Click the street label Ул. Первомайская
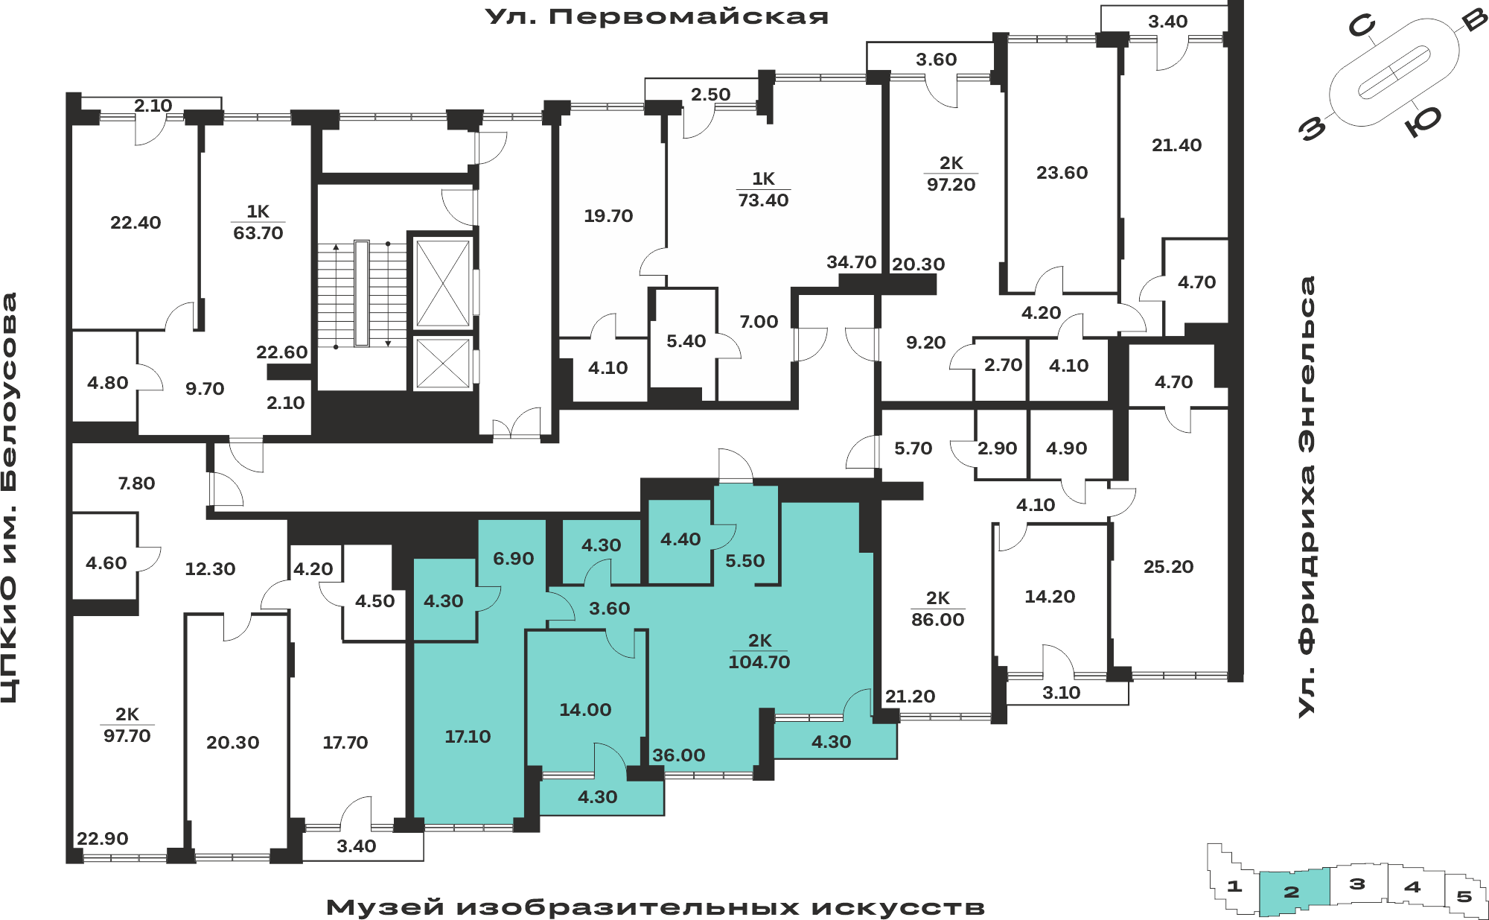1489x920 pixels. (657, 16)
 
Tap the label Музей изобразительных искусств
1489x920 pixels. (655, 907)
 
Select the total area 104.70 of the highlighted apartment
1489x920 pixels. (759, 662)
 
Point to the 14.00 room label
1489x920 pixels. (585, 710)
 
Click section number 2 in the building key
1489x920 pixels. (1292, 892)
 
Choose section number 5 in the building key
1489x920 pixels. (1464, 896)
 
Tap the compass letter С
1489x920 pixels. (1362, 27)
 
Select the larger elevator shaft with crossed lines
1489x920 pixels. (443, 283)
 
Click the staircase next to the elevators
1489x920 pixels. (362, 294)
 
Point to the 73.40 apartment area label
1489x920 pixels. (763, 200)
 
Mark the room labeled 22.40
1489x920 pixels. (135, 222)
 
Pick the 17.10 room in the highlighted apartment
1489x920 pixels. (468, 737)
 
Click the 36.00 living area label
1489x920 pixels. (679, 755)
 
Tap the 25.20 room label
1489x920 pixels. (1168, 567)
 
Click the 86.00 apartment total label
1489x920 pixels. (937, 619)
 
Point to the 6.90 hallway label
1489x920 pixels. (514, 559)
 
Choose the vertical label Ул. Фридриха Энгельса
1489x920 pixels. (1307, 497)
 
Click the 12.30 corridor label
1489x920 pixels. (210, 569)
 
